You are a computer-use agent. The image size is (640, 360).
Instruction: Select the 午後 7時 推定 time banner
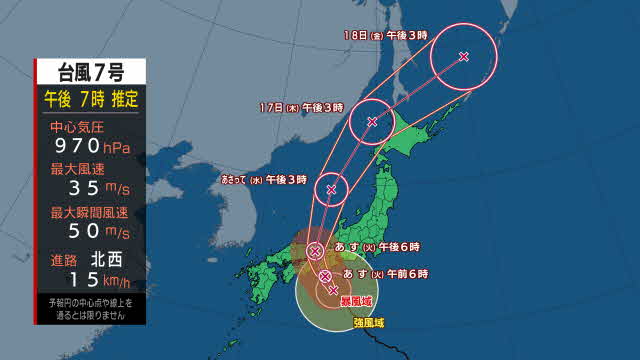pos(90,99)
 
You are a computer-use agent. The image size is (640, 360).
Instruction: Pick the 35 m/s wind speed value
pos(90,190)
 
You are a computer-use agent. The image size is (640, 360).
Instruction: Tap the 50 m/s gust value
pos(90,232)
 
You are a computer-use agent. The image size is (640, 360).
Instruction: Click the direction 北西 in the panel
pos(109,258)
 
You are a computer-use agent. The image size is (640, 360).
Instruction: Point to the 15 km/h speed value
pos(90,280)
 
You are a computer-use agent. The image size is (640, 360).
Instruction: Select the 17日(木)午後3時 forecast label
pos(301,106)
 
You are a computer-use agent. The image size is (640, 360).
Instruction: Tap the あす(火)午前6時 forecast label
pos(385,273)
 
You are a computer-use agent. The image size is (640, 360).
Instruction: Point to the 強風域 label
pos(368,322)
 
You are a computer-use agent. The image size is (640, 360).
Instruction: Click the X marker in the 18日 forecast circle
pos(463,57)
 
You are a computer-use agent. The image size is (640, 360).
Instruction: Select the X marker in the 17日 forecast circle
pos(372,122)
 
